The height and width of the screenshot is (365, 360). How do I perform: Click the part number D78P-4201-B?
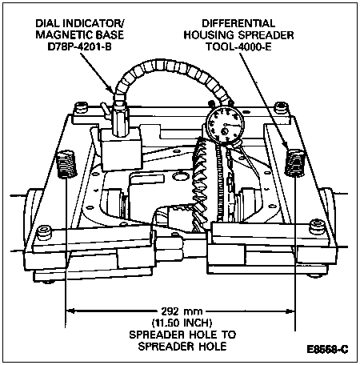coord(79,46)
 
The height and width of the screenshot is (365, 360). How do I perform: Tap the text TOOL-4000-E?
coord(238,46)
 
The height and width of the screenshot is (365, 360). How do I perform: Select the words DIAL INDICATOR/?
coord(80,23)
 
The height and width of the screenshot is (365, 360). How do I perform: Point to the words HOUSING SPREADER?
coord(238,35)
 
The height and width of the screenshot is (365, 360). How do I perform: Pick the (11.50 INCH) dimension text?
coord(182,323)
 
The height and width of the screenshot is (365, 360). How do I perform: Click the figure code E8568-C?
coord(327,349)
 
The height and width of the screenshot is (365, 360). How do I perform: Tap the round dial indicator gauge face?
coord(226,126)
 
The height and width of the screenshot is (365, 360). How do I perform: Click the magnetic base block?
coord(122,149)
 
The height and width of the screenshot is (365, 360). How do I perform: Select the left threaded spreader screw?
coord(67,164)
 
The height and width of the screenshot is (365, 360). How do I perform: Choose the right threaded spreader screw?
coord(294,162)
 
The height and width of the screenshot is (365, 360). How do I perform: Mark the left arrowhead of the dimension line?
coord(70,311)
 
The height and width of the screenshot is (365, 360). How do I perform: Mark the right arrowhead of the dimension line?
coord(290,311)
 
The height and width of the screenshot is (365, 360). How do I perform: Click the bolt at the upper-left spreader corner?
coord(81,107)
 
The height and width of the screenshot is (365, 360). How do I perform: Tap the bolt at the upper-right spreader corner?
coord(282,107)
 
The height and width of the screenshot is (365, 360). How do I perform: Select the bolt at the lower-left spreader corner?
coord(44,232)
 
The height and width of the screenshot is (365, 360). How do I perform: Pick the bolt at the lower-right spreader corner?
coord(317,227)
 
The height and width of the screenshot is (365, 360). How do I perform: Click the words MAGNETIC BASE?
coord(80,35)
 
